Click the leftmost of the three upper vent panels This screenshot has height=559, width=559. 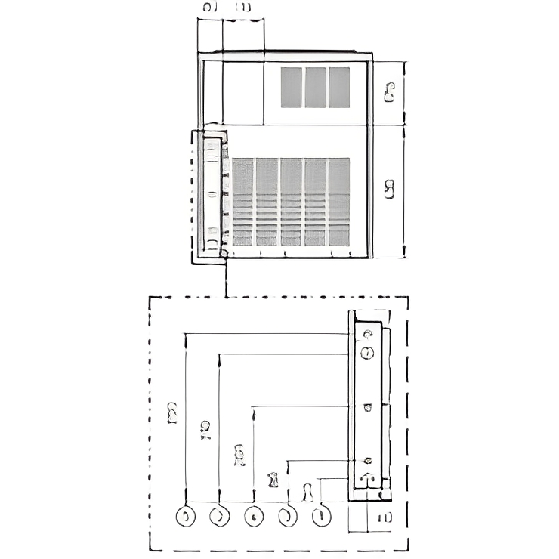click(292, 87)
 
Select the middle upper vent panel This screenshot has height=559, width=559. click(315, 87)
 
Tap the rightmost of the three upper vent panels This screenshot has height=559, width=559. click(339, 87)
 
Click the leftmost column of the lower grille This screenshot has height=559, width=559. click(242, 202)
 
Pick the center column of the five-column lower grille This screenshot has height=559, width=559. click(291, 202)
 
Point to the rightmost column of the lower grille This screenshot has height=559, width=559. click(339, 202)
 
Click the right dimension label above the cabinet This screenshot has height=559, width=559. click(243, 7)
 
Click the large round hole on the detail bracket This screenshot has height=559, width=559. click(368, 353)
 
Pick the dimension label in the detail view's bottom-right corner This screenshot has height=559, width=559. click(384, 517)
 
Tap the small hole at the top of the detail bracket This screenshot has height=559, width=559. click(368, 335)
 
